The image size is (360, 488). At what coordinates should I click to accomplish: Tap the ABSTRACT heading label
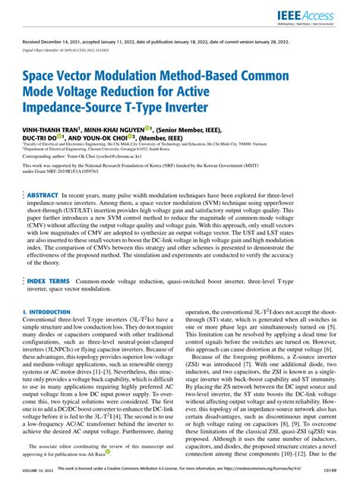52,194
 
